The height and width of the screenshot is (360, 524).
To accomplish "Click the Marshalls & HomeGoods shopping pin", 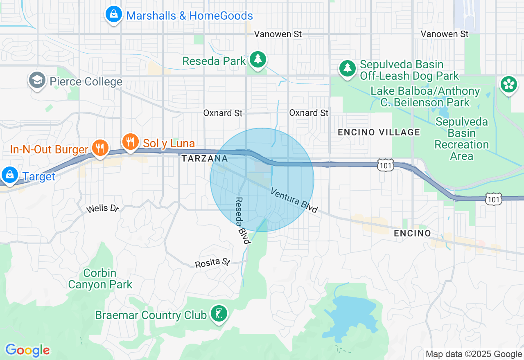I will click(113, 15).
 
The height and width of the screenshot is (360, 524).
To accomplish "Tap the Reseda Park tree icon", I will click(257, 60).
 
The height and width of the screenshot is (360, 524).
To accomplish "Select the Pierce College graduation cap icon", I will click(37, 80).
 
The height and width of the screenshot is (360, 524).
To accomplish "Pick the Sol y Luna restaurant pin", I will click(131, 142).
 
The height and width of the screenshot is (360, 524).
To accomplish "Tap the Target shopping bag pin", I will click(9, 175).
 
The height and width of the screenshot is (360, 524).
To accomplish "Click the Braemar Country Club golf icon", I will click(219, 314).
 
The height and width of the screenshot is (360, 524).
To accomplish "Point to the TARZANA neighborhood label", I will click(204, 158).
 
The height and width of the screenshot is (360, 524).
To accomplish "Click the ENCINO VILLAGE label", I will click(379, 132).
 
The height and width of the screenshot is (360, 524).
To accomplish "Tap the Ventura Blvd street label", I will click(294, 201).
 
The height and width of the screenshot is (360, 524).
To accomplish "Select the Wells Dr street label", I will click(102, 209).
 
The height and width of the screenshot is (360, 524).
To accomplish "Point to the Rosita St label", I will click(212, 263).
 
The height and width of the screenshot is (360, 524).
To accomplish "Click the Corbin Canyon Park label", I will click(100, 279).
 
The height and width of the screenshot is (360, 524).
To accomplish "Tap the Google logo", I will click(27, 350).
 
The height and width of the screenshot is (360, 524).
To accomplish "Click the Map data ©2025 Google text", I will click(474, 354).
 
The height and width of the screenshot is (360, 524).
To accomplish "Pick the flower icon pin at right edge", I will click(508, 84).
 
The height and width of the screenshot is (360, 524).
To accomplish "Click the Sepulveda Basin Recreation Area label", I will click(462, 139).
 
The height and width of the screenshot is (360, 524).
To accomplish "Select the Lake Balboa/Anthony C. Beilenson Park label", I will click(425, 97).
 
